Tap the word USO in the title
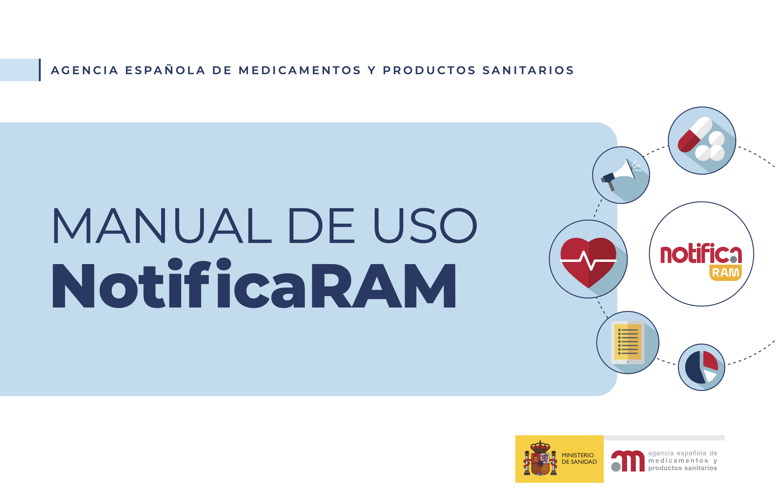[426, 226]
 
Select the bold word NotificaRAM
[254, 283]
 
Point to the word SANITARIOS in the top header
[528, 70]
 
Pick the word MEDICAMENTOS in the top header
[300, 70]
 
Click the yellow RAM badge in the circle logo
[726, 273]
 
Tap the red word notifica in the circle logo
[701, 253]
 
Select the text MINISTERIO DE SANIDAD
[579, 458]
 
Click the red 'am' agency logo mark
[628, 461]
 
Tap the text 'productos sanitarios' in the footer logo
[682, 468]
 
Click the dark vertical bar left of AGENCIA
[40, 70]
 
